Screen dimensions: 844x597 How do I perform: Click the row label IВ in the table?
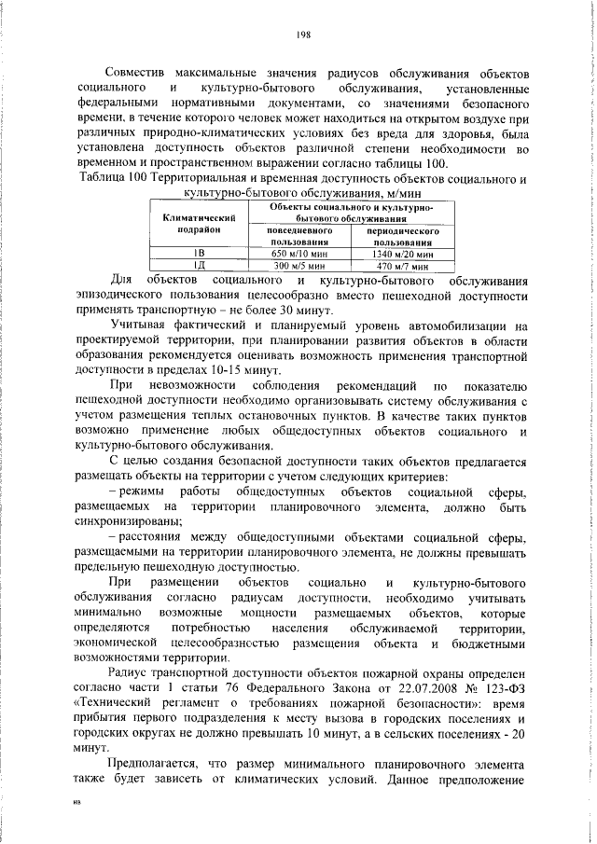tap(199, 253)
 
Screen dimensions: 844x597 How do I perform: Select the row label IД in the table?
tap(199, 265)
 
